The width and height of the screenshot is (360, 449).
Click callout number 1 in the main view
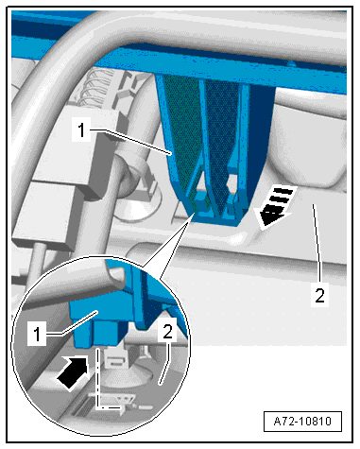pos(81,130)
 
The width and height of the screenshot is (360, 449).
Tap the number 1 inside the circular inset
pos(37,334)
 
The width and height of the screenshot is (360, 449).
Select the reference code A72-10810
pos(302,422)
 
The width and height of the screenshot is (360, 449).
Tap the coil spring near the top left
pos(95,89)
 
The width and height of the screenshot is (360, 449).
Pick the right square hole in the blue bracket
pos(232,181)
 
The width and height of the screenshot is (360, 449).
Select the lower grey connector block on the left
pos(44,215)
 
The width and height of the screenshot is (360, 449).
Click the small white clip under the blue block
pos(114,358)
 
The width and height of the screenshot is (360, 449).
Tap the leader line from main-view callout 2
pos(317,243)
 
